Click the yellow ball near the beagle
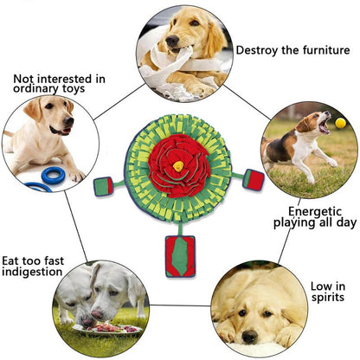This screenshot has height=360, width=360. [340, 124]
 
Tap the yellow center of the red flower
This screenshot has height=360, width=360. [178, 166]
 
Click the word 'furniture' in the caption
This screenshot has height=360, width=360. [326, 50]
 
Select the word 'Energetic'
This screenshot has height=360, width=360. [315, 212]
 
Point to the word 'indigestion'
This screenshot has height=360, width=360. [32, 272]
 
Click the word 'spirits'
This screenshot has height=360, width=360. [328, 298]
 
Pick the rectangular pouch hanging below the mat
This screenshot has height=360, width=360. [180, 256]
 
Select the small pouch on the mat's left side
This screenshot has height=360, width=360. [103, 186]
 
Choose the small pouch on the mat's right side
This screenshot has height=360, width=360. [254, 179]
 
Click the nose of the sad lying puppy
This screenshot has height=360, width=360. [250, 337]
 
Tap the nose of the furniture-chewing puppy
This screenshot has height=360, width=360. [172, 42]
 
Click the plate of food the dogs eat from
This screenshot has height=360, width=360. [107, 329]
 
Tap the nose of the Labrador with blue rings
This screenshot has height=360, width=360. [68, 121]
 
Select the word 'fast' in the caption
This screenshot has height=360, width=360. [53, 261]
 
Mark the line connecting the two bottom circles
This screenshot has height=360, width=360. [180, 305]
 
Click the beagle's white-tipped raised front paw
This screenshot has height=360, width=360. [332, 163]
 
